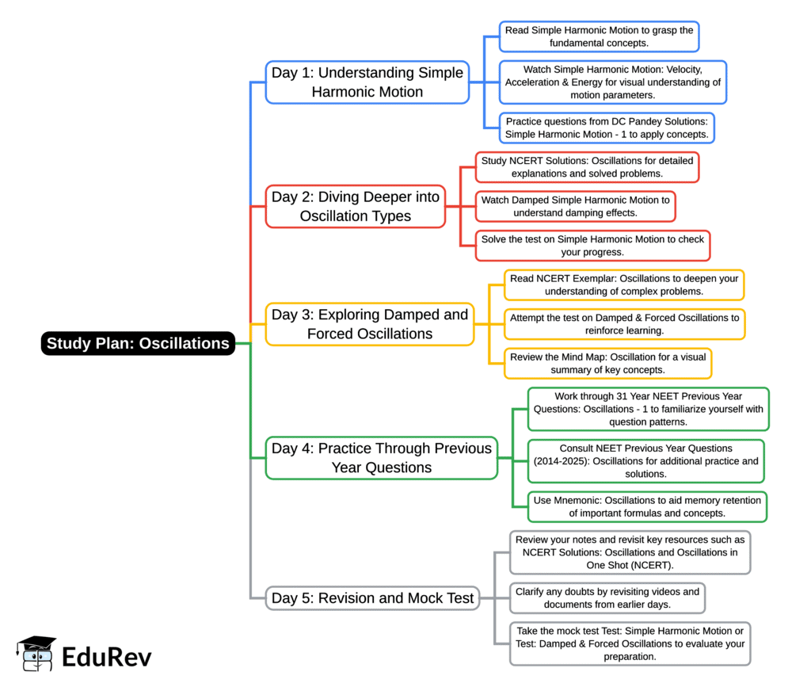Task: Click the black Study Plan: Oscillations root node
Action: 138,343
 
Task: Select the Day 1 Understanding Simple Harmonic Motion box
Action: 367,82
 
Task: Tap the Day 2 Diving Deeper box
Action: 356,206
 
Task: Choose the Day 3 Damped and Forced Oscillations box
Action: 370,324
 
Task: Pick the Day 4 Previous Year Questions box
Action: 382,458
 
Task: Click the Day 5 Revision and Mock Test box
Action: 372,597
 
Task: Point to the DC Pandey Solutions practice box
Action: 607,128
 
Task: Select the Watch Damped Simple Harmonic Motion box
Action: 575,206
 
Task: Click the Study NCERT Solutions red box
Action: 587,166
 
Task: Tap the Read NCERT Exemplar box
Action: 624,284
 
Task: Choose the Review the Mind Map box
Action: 607,363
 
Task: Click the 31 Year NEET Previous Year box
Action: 648,408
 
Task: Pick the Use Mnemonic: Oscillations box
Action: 647,506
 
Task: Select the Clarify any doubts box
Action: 607,597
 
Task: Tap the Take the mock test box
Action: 630,643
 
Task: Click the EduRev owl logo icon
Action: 36,654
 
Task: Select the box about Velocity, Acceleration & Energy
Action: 613,82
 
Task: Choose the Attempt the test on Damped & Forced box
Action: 624,324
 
